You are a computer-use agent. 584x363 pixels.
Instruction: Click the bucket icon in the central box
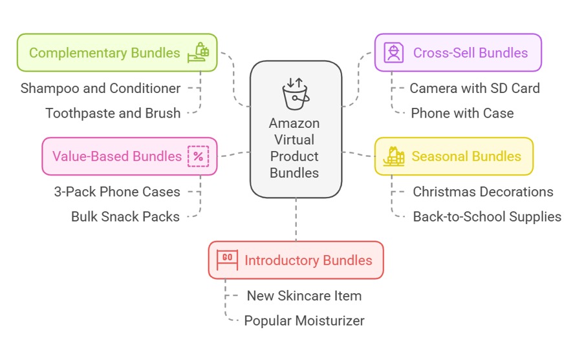pyautogui.click(x=295, y=93)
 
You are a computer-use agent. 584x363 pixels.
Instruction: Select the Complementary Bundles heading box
pyautogui.click(x=117, y=53)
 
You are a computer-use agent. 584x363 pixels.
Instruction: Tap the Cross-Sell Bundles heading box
pyautogui.click(x=458, y=53)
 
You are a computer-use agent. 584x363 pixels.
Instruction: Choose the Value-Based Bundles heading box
pyautogui.click(x=129, y=156)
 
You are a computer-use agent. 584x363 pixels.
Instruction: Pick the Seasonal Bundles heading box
pyautogui.click(x=454, y=156)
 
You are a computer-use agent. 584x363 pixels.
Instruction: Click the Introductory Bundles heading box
pyautogui.click(x=296, y=260)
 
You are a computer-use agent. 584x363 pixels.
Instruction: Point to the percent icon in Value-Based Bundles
pyautogui.click(x=198, y=156)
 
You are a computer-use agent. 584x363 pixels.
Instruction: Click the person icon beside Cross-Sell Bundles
pyautogui.click(x=393, y=52)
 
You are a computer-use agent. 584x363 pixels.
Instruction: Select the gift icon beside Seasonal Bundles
pyautogui.click(x=393, y=156)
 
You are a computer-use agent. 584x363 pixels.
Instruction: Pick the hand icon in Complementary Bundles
pyautogui.click(x=198, y=52)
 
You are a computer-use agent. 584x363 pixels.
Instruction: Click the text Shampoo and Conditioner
pyautogui.click(x=100, y=88)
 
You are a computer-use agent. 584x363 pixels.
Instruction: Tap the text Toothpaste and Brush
pyautogui.click(x=113, y=113)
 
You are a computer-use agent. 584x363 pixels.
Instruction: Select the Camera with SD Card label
pyautogui.click(x=474, y=88)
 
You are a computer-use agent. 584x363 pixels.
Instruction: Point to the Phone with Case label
pyautogui.click(x=462, y=113)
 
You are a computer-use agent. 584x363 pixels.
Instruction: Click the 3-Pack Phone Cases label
pyautogui.click(x=116, y=191)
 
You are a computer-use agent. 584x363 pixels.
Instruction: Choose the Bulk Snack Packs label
pyautogui.click(x=125, y=216)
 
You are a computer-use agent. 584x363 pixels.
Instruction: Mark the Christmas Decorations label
pyautogui.click(x=482, y=191)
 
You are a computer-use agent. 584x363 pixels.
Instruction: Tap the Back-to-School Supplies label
pyautogui.click(x=486, y=216)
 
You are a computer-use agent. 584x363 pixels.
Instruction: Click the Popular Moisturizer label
pyautogui.click(x=304, y=320)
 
